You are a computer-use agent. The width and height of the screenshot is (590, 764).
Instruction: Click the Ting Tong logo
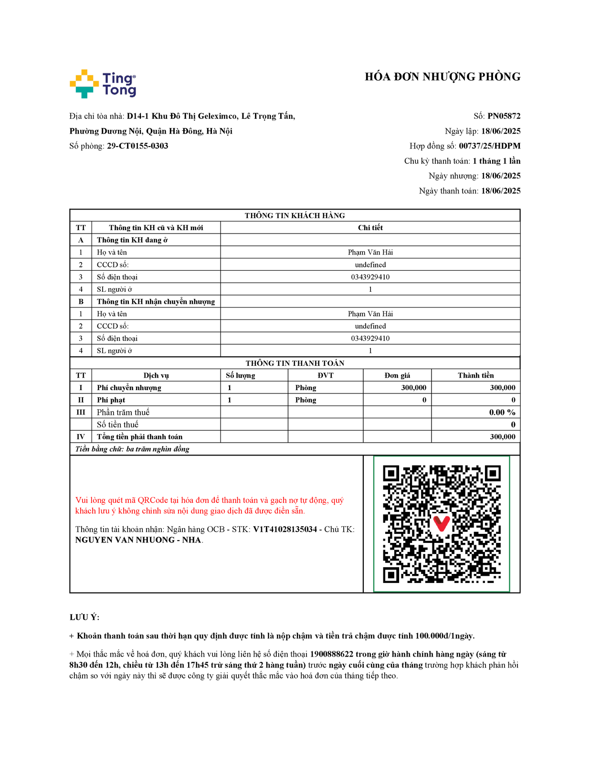click(103, 84)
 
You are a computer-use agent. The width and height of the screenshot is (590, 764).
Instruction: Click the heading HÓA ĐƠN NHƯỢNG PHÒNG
click(442, 77)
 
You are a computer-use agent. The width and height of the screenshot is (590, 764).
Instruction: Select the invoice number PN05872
click(504, 116)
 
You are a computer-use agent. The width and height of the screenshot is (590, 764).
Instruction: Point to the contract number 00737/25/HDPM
click(489, 146)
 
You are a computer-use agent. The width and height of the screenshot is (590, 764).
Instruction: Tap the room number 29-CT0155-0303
click(137, 146)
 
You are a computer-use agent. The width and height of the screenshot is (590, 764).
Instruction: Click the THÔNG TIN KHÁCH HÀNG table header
click(295, 215)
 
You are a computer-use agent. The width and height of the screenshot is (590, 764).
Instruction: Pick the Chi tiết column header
click(370, 228)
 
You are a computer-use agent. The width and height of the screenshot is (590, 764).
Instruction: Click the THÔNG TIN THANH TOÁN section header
click(295, 363)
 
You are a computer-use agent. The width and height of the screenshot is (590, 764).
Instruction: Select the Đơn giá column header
click(397, 375)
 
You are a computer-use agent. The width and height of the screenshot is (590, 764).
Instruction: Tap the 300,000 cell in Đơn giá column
click(413, 388)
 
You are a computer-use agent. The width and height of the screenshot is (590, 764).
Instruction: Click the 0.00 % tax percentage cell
click(502, 412)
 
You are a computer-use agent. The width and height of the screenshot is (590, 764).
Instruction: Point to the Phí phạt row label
click(111, 400)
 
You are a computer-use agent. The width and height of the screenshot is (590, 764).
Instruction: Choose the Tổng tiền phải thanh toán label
click(139, 437)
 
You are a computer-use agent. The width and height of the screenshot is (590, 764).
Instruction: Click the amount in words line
click(132, 449)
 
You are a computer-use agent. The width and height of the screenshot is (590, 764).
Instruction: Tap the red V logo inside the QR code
click(441, 523)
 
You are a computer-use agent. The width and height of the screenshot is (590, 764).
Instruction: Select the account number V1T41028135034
click(285, 529)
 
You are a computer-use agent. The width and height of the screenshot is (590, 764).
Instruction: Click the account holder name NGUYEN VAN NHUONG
click(125, 540)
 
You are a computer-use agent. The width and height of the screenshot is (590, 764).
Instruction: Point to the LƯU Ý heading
click(84, 617)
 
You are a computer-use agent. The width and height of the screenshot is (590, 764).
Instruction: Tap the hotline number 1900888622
click(331, 654)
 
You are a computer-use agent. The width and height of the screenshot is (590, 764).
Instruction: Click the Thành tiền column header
click(475, 375)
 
